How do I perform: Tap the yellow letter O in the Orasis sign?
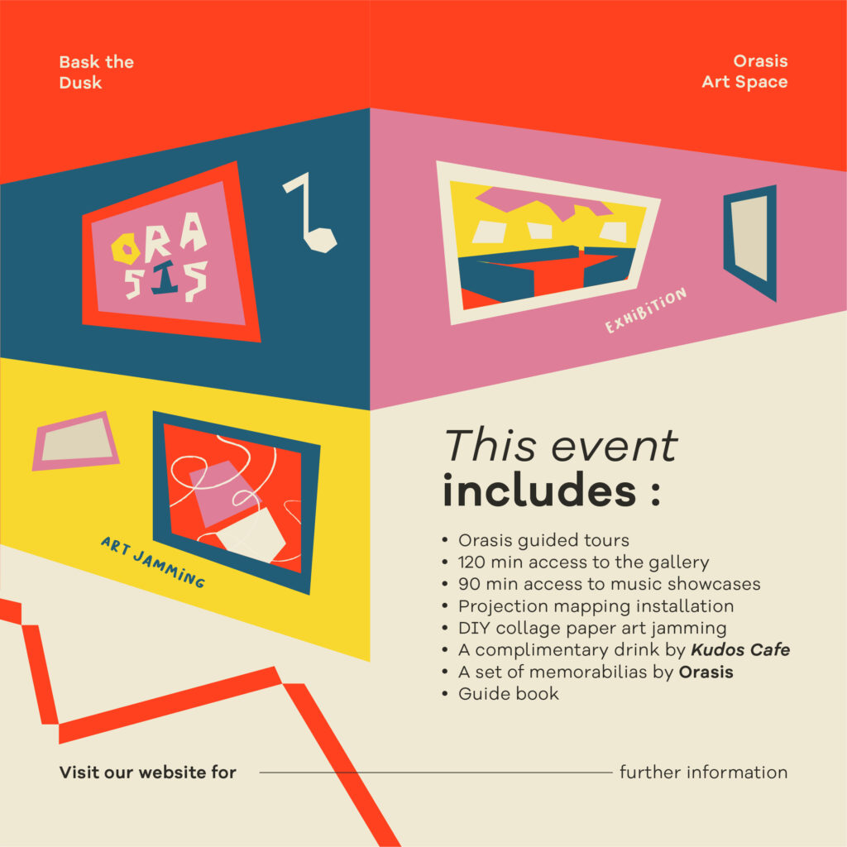pos(125,248)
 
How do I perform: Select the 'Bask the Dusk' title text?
pos(96,72)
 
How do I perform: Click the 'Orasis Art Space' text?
pos(744,71)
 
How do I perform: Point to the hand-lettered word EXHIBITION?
pos(645,310)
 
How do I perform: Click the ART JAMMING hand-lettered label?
pos(153,562)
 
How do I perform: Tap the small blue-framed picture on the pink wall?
pos(749,242)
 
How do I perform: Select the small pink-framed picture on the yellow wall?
pos(75,441)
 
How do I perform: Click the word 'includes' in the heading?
pos(539,490)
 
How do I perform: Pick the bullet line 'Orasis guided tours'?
pos(543,540)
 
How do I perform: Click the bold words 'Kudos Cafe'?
pos(740,649)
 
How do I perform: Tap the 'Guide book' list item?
pos(509,694)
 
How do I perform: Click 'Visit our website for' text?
pos(147,772)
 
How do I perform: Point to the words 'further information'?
pos(703,772)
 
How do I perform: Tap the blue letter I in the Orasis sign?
pos(165,278)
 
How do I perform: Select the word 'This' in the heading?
pos(490,446)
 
